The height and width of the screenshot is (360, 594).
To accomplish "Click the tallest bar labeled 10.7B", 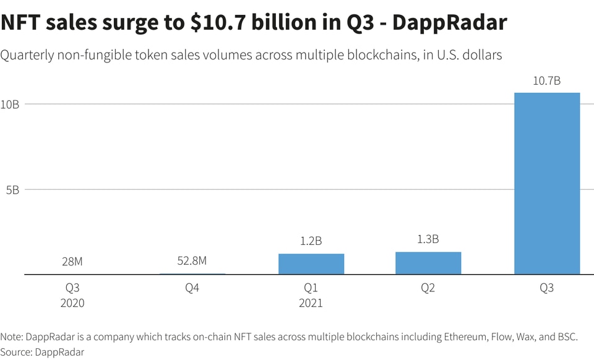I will coord(547,183).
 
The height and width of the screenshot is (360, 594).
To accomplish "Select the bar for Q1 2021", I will coord(311,264).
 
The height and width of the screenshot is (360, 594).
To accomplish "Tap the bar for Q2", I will coord(428,263).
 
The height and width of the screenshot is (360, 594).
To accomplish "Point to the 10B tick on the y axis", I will coord(10,104).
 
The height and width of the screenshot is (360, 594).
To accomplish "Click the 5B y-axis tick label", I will coord(12,189).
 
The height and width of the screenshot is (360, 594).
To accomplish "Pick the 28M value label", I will coord(72,262).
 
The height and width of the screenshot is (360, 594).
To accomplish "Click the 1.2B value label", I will coord(311,241).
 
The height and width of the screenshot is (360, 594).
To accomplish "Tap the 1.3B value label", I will coord(428,239).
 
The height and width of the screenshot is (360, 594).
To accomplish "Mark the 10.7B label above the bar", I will coord(546,80).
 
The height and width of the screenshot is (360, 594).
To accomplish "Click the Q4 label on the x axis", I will coord(192,288).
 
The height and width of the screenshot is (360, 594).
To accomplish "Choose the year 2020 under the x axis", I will coord(72,303).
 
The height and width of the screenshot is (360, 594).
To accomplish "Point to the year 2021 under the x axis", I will coord(311,303).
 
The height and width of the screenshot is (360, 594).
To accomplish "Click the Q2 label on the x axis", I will coord(428,288).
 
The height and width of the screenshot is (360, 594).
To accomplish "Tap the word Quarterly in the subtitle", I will coord(28,55).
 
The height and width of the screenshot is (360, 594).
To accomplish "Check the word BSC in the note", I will coord(566,337).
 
